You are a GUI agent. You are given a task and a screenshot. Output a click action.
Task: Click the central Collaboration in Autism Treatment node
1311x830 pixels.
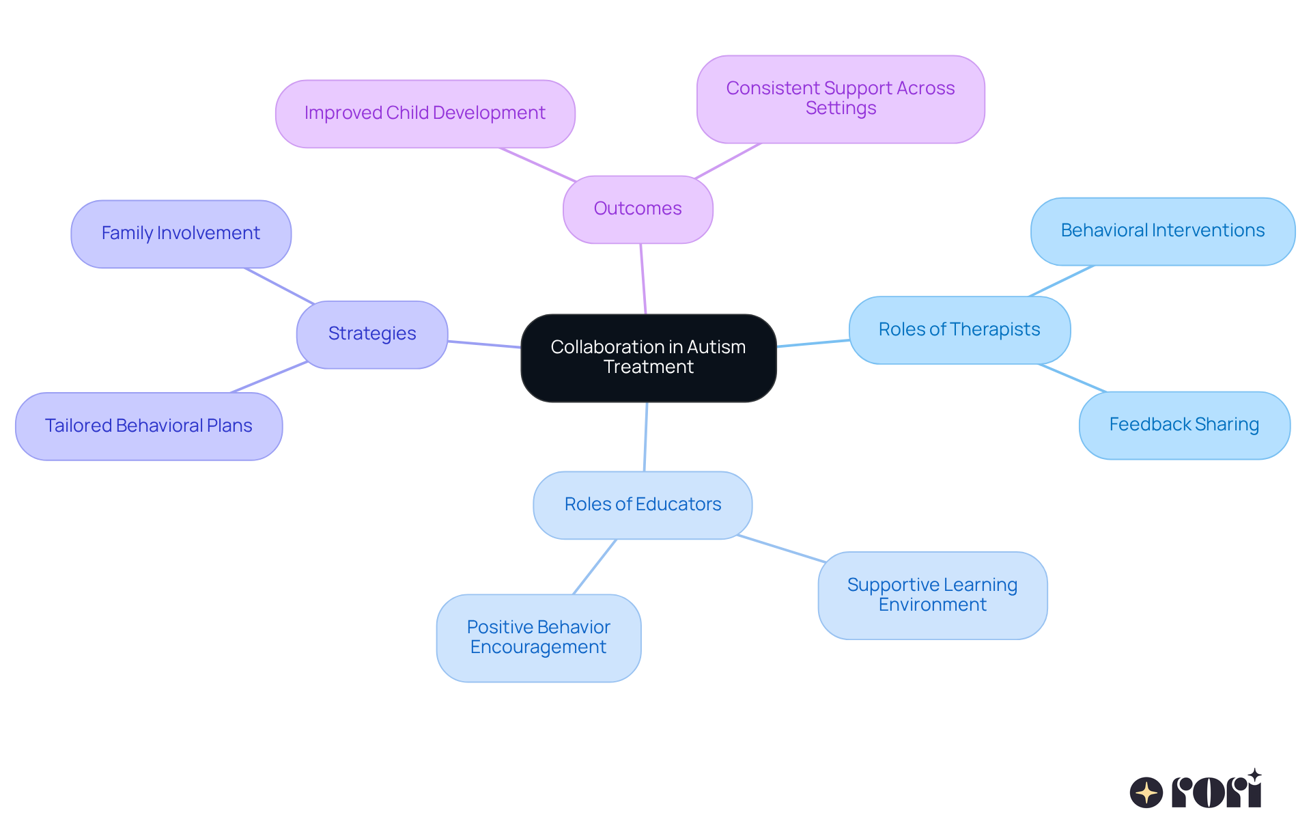point(648,357)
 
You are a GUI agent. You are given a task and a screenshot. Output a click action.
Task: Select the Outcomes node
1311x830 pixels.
point(638,209)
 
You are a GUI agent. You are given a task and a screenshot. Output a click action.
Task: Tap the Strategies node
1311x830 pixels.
point(372,334)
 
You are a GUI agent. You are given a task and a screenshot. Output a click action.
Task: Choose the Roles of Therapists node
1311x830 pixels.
point(959,330)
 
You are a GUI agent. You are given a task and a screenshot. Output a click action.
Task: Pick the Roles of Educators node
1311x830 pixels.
point(643,505)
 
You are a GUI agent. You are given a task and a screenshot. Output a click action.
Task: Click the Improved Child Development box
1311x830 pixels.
point(425,113)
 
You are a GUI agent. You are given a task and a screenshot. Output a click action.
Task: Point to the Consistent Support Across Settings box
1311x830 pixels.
point(841,99)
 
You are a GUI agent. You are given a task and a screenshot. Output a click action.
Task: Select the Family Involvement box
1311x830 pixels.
point(181,234)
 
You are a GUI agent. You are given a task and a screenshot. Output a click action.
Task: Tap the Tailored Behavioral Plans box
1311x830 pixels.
point(149,426)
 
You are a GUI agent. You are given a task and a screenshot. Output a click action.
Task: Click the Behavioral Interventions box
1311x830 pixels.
point(1163,231)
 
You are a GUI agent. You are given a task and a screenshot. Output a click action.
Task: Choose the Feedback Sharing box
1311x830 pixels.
point(1185,425)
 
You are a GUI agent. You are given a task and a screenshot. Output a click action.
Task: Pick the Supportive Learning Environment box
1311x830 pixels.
point(933,595)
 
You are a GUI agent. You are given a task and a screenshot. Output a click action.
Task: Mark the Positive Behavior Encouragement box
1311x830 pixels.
point(539,637)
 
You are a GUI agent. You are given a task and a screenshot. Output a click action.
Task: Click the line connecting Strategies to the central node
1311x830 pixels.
point(484,344)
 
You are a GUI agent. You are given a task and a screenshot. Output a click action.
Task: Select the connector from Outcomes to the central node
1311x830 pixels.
point(643,279)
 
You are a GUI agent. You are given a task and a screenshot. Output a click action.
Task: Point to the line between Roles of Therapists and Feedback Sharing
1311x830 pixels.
point(1072,378)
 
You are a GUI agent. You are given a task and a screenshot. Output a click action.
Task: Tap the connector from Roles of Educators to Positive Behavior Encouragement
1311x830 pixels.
point(595,566)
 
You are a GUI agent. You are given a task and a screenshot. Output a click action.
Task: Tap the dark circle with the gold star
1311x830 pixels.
point(1146,792)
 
